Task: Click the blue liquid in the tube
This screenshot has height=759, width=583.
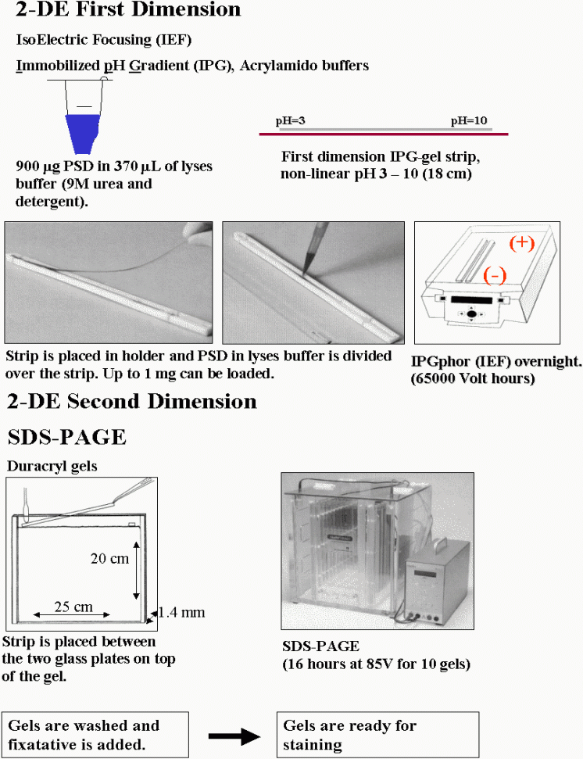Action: pos(82,133)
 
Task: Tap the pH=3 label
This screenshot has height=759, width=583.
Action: pos(290,121)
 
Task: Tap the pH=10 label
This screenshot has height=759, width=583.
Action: pos(469,120)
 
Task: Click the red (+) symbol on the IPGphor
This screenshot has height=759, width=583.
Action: pos(521,243)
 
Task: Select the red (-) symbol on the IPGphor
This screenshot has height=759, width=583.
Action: pos(495,275)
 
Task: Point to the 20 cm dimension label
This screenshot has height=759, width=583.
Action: pos(110,559)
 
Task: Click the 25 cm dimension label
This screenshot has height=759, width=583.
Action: pos(73,607)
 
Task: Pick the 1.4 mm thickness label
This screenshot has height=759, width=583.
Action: pos(181,612)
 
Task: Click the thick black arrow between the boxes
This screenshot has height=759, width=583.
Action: pos(234,736)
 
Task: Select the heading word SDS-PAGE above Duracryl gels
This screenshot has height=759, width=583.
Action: pos(66,437)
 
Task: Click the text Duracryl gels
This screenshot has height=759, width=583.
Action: pos(52,466)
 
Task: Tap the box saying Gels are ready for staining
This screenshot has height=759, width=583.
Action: pos(378,734)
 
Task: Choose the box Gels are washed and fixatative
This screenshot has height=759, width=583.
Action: pos(95,734)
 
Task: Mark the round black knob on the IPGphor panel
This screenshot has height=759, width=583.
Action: pos(472,314)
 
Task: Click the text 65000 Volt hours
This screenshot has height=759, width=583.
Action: pos(473,378)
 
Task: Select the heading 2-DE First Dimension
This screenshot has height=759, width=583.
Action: pos(128,9)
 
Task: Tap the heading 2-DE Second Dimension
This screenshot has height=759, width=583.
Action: pos(131,402)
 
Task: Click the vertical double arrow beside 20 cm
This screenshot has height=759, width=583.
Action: pos(137,571)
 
